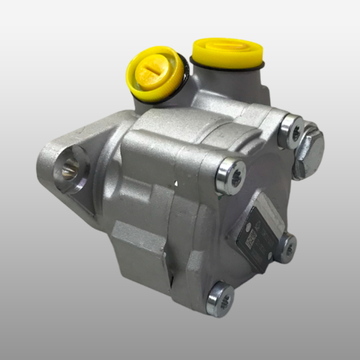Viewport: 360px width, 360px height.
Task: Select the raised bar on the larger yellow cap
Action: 227,44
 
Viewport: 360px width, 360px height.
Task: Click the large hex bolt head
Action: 308,150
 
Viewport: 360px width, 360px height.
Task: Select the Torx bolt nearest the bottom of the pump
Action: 220,298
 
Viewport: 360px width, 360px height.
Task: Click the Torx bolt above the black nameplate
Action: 231,176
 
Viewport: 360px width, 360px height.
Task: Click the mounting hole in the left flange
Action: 70,170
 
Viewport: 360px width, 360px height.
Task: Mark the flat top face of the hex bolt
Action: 311,148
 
